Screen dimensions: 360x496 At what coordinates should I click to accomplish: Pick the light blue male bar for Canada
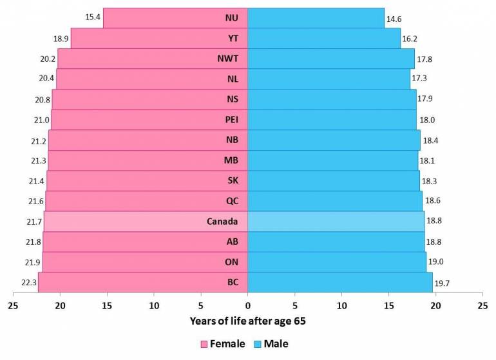(336, 222)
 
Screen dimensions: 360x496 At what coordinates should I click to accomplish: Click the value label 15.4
(93, 17)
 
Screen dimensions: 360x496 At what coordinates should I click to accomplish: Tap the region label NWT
(228, 59)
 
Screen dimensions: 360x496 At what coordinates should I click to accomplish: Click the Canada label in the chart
(223, 222)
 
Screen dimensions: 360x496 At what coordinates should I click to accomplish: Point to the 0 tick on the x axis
(247, 307)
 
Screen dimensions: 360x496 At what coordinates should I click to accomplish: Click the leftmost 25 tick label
(14, 307)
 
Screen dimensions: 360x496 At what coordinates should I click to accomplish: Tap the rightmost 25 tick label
(482, 307)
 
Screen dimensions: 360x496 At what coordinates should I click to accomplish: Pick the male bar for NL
(329, 79)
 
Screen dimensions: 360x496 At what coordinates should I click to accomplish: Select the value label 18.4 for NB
(430, 140)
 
